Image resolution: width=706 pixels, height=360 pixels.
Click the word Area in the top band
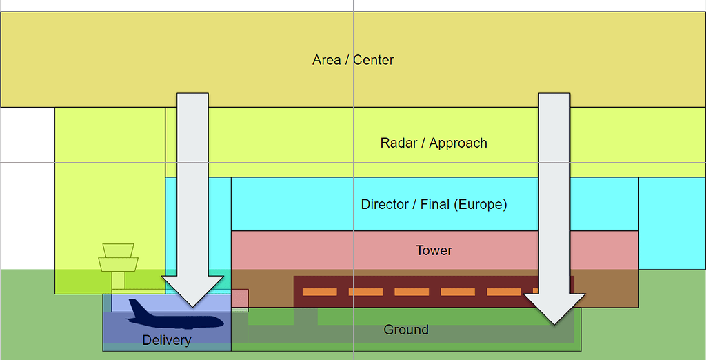(x=326, y=60)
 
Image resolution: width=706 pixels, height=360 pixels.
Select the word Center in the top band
(x=374, y=60)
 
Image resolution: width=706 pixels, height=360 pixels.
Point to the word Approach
(x=458, y=143)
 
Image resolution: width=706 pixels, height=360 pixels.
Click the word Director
(x=385, y=205)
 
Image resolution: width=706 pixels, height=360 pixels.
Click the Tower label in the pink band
(x=434, y=250)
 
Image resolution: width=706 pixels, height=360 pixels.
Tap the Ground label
(x=406, y=330)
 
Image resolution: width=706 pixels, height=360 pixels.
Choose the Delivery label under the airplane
(x=166, y=340)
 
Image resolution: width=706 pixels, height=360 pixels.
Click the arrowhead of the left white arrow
(x=193, y=290)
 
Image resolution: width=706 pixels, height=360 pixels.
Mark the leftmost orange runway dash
(x=319, y=292)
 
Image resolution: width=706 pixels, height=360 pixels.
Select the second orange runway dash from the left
(x=365, y=292)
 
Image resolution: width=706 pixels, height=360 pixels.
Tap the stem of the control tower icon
(x=119, y=280)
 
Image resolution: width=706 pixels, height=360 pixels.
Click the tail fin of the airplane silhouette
(x=137, y=307)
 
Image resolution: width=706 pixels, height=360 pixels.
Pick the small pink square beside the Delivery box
(x=239, y=298)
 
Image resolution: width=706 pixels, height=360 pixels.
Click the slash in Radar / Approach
(x=424, y=143)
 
